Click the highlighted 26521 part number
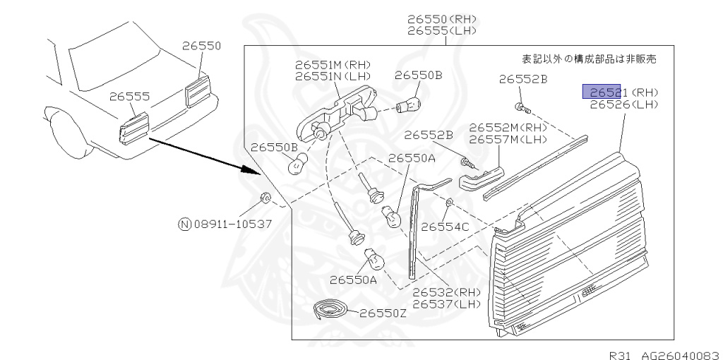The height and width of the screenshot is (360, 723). point(601,92)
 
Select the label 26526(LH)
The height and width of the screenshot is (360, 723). point(623,105)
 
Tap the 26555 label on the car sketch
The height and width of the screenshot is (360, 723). point(129,97)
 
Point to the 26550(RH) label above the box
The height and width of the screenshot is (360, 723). point(441,19)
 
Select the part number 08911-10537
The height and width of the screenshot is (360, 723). point(232,224)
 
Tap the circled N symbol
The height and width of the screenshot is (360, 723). point(184,224)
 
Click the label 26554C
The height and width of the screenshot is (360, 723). point(445,227)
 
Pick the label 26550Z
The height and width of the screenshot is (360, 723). point(383,313)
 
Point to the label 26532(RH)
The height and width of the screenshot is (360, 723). point(446,292)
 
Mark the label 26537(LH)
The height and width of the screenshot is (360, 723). point(446,304)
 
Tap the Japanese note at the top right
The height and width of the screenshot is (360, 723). point(588,59)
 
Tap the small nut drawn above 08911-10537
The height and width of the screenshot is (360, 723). point(265,197)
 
